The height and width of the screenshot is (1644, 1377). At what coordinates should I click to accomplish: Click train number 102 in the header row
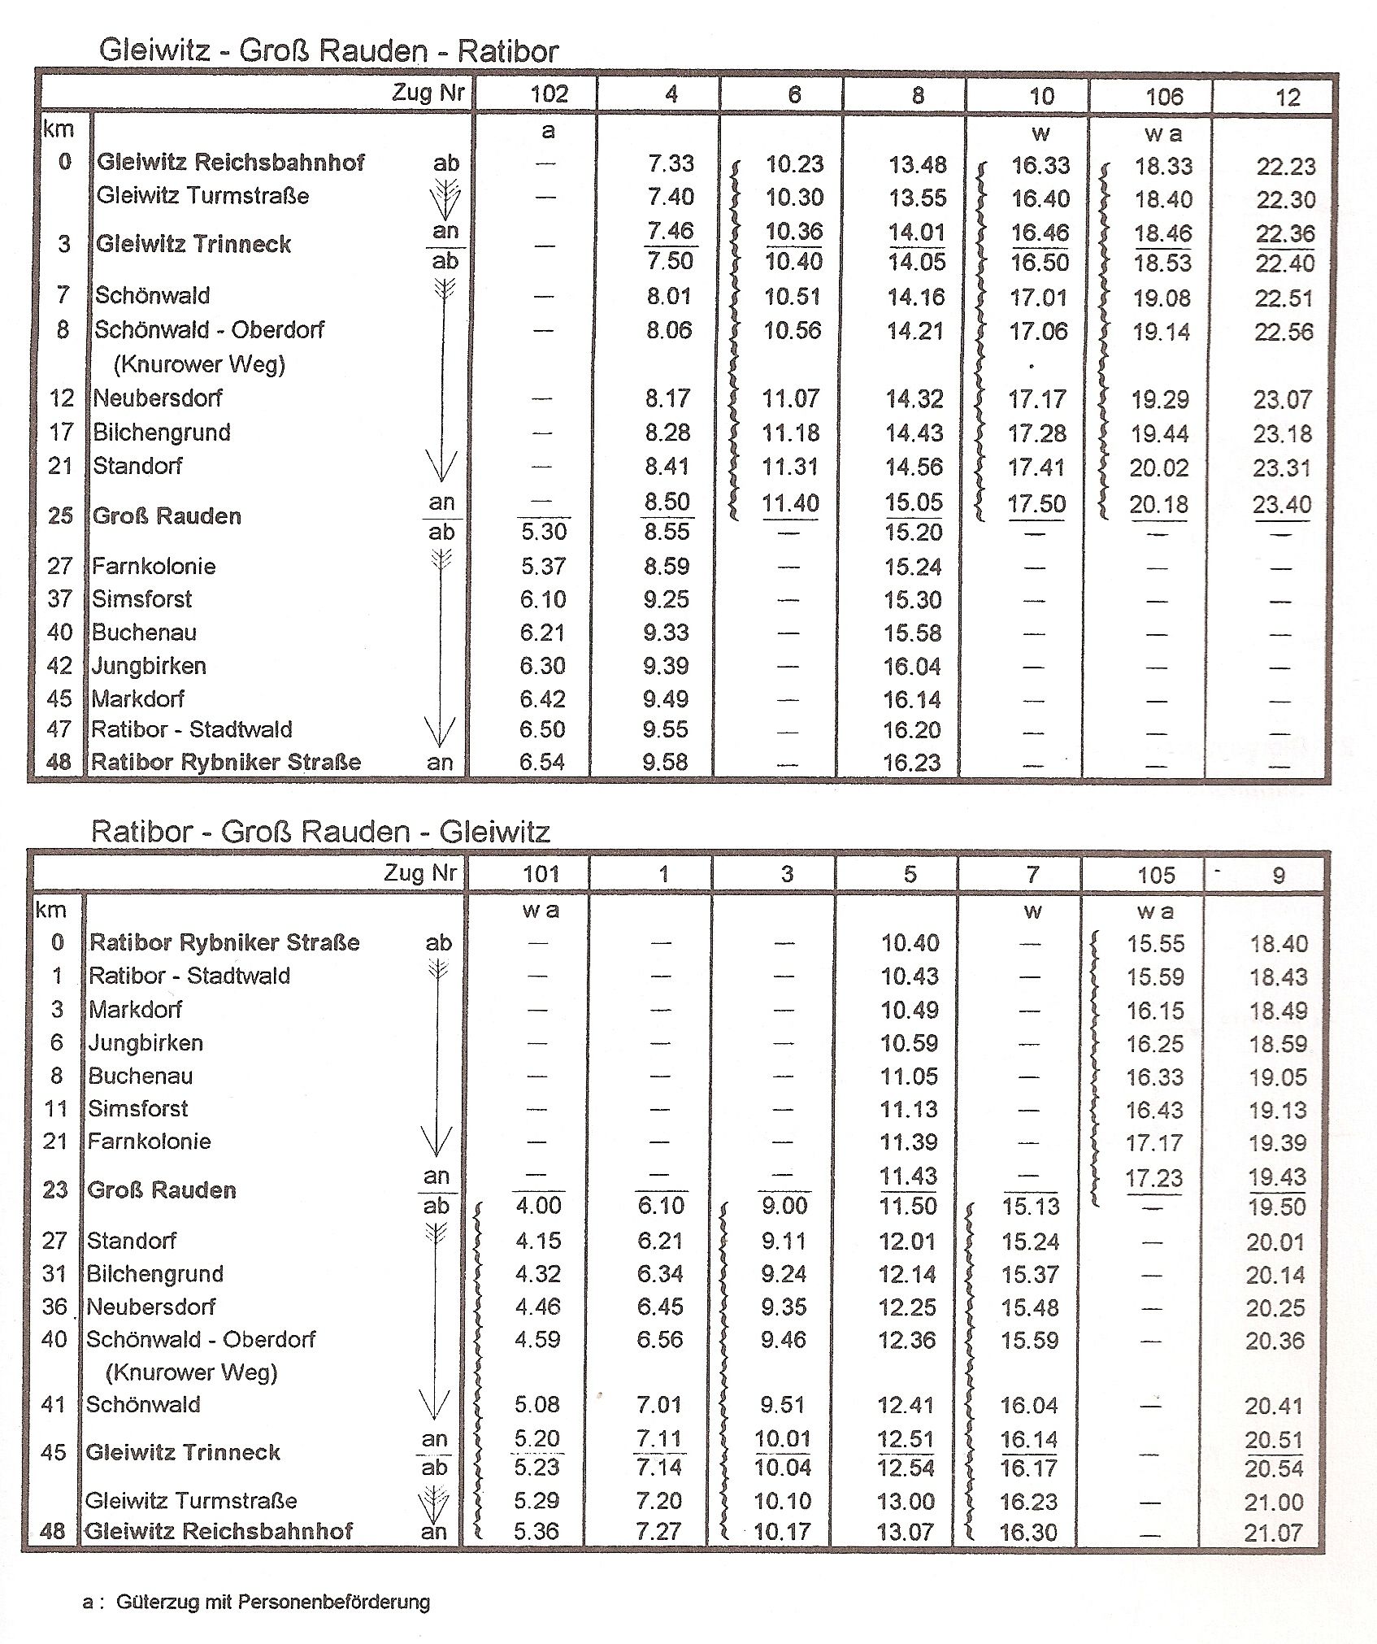[549, 94]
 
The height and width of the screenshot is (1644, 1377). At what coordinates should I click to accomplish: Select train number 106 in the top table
[1164, 98]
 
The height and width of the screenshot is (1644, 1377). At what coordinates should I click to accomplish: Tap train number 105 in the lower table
[1156, 876]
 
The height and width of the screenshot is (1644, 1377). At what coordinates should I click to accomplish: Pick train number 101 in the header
[541, 874]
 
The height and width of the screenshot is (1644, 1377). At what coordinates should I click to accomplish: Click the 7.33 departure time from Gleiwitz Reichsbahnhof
[671, 163]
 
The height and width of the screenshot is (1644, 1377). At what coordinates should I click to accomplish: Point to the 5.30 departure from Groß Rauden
[543, 532]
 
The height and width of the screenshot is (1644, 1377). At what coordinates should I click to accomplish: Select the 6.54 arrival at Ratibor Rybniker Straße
[541, 762]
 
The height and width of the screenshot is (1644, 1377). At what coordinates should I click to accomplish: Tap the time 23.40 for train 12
[1282, 505]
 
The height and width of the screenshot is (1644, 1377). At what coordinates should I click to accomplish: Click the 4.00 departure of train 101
[538, 1206]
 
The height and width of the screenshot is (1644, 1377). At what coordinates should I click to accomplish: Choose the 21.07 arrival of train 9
[1273, 1533]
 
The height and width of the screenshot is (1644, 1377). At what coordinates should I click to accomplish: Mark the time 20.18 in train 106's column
[1158, 505]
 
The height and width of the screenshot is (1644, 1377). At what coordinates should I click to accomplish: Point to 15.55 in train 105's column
[1155, 944]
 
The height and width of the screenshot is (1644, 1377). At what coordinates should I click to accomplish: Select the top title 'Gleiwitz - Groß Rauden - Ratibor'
[328, 51]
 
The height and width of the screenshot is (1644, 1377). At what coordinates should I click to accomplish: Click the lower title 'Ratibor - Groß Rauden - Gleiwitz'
[320, 832]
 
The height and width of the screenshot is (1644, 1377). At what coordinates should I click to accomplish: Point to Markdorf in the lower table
[135, 1010]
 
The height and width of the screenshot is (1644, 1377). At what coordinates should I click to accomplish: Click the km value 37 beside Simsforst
[60, 599]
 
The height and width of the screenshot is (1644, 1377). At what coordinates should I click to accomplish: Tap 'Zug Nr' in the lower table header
[421, 874]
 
